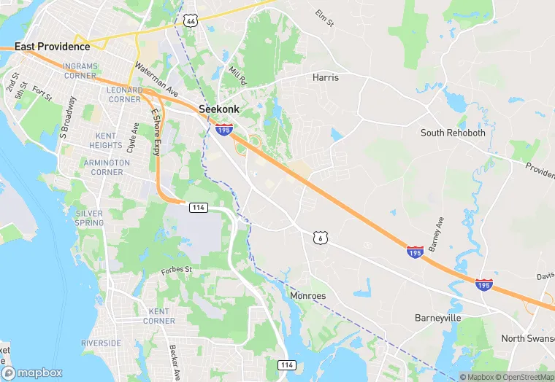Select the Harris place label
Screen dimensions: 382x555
point(326,77)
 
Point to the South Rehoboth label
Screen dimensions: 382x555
point(453,133)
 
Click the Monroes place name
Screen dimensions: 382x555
point(308,296)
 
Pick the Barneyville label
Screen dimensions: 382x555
point(440,319)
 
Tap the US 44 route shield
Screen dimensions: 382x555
point(191,22)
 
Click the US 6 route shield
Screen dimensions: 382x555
point(319,238)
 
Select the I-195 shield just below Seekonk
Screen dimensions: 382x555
point(223,130)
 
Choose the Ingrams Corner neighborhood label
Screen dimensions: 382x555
point(80,71)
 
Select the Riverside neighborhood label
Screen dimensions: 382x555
point(102,343)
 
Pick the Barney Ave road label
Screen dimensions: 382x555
point(438,231)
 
